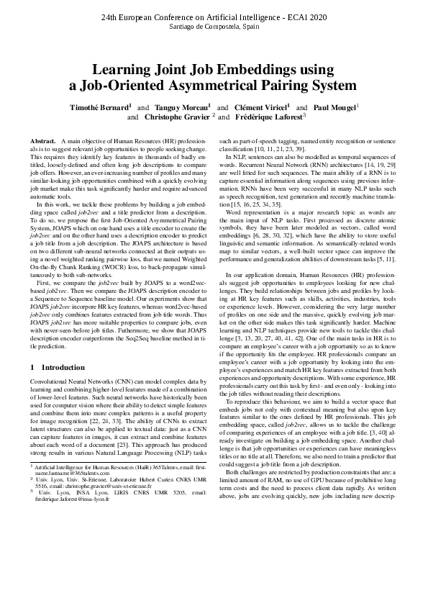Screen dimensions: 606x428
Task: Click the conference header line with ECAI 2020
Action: (213, 16)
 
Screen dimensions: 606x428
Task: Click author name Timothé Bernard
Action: (98, 107)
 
